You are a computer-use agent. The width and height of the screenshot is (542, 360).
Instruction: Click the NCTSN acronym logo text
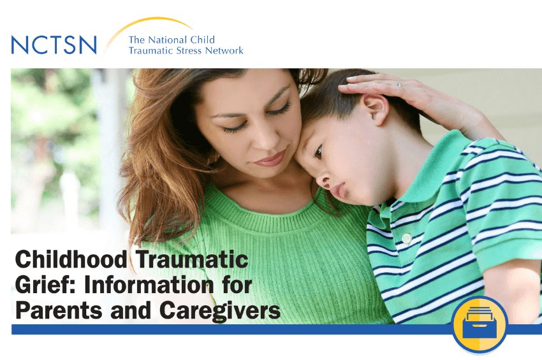pos(54,45)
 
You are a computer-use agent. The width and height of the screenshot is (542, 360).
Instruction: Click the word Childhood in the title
pos(71,259)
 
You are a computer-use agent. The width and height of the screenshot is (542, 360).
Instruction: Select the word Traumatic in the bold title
pos(191,259)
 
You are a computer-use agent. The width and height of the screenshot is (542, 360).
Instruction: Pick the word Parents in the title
pos(59,310)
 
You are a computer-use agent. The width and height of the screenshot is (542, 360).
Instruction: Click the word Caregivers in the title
pos(220,310)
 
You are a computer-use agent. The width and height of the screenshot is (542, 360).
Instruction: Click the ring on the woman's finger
pos(399,84)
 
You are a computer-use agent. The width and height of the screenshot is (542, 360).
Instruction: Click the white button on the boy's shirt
pos(407,238)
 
